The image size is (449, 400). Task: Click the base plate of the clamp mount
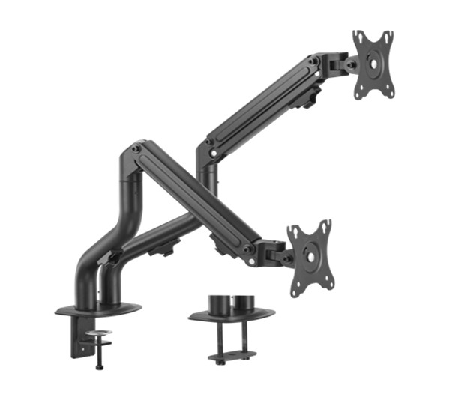97,307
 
